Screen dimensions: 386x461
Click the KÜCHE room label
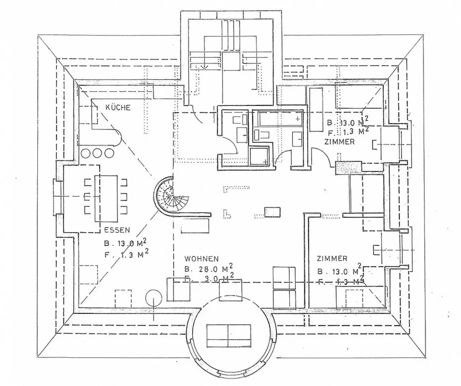coord(118,108)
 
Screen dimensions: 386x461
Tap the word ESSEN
coord(117,230)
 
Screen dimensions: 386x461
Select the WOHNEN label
coord(201,259)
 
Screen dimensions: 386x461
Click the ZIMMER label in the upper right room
coord(339,142)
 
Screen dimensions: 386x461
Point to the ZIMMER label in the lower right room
coord(332,258)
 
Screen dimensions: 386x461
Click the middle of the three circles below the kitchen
coord(98,153)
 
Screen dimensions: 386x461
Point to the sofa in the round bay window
coord(229,336)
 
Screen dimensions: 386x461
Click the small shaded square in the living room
coord(272,212)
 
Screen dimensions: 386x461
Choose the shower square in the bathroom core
coord(259,156)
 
